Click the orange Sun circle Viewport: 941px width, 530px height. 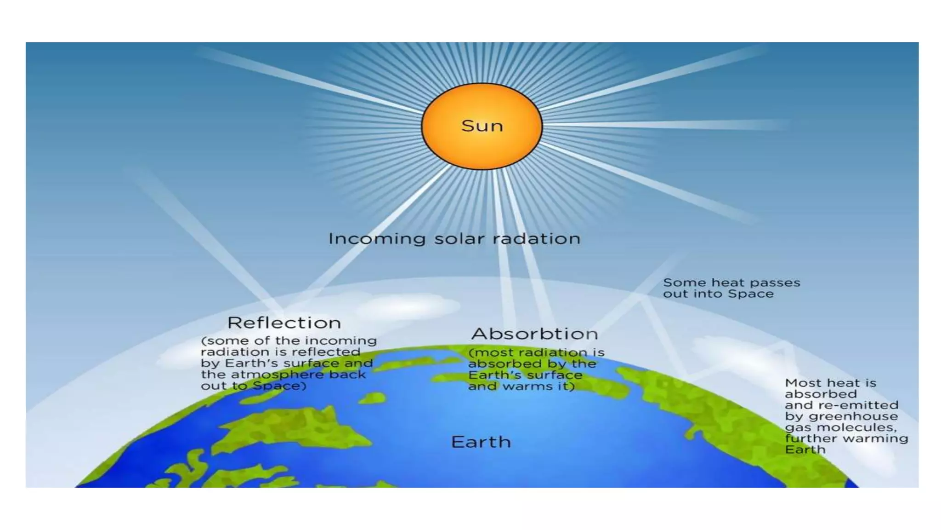[x=482, y=147]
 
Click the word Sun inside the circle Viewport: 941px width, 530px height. [x=482, y=126]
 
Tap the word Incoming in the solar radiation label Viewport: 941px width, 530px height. [x=377, y=239]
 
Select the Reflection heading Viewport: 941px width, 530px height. [x=284, y=323]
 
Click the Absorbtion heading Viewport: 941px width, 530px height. [x=534, y=334]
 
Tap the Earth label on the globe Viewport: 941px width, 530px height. [x=481, y=442]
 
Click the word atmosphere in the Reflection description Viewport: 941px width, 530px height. [x=278, y=374]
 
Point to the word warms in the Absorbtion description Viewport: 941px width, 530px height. [x=522, y=386]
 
